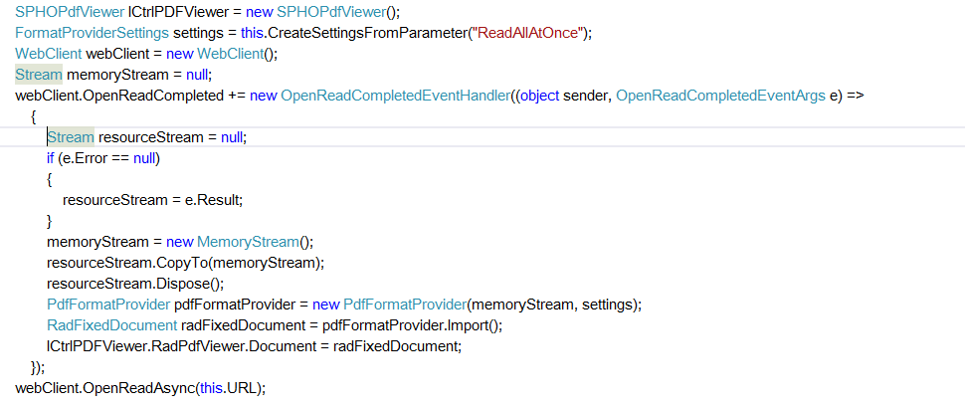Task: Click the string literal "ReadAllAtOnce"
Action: (x=532, y=33)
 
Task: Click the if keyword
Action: (x=51, y=158)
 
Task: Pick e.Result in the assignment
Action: (x=214, y=200)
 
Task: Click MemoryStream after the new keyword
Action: (x=248, y=242)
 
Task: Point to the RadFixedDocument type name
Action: (x=111, y=325)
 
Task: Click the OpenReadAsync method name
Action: (x=145, y=387)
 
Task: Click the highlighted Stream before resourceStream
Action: (x=71, y=137)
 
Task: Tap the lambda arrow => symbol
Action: (x=855, y=96)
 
